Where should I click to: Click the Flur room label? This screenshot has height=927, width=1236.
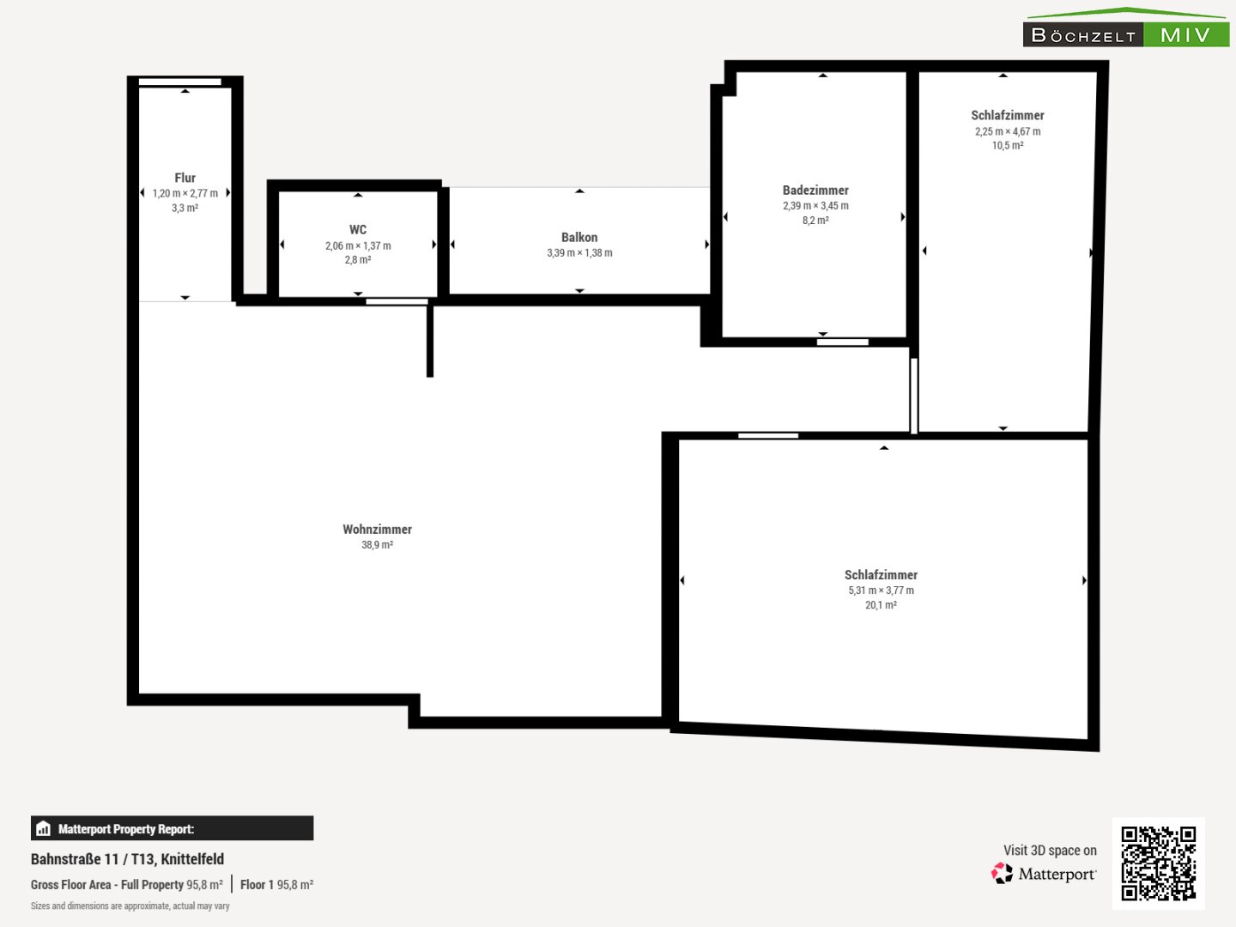tap(185, 178)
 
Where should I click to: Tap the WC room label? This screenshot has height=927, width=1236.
tap(358, 230)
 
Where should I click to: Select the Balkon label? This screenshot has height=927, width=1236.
tap(579, 238)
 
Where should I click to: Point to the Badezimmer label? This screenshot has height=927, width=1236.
tap(815, 191)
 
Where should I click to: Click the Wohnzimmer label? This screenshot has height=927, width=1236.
tap(377, 529)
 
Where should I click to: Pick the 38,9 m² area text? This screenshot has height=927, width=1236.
tap(377, 545)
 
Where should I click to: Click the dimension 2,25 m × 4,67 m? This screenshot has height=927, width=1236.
tap(1008, 131)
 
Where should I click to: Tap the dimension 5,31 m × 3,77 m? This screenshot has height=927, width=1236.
tap(881, 591)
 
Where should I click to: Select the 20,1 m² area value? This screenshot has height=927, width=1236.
tap(881, 605)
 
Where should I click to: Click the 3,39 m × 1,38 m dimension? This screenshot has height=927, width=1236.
tap(579, 253)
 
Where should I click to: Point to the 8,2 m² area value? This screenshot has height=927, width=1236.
tap(815, 221)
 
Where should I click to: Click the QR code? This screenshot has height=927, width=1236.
tap(1158, 863)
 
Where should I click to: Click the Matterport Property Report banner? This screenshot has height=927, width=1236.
tap(172, 828)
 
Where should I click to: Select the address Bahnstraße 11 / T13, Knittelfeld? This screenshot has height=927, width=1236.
tap(127, 859)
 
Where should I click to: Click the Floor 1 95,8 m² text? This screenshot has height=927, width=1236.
tap(276, 885)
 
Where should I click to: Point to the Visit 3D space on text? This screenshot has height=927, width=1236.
tap(1050, 851)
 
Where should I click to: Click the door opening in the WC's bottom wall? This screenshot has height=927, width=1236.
tap(397, 301)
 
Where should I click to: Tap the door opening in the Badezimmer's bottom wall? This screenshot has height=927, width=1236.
tap(842, 342)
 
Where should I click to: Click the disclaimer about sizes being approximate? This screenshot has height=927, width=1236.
tap(130, 906)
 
